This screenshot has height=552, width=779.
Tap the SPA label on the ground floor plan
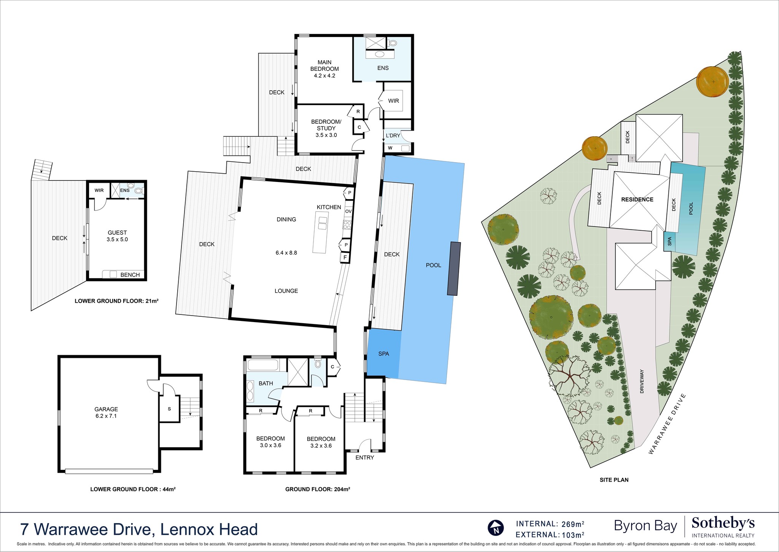383,354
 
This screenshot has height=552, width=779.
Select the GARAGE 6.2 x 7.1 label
106,413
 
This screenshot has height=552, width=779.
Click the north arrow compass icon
496,528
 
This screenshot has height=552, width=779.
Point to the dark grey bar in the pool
453,268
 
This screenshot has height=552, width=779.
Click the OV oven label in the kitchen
348,211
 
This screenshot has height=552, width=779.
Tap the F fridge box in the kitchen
345,258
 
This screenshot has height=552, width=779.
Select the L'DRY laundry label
393,136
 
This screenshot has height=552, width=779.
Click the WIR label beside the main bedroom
393,101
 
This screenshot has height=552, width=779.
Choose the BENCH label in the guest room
130,275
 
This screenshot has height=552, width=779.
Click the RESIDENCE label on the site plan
637,199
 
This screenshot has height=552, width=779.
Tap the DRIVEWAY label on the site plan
642,381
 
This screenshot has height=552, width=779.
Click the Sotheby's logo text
723,523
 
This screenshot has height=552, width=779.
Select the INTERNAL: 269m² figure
550,524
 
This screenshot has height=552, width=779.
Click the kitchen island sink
323,223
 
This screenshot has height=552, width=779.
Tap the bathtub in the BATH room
263,365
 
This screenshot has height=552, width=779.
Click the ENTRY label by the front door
364,458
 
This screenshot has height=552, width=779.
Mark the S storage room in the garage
169,409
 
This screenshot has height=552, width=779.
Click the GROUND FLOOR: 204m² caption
317,489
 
